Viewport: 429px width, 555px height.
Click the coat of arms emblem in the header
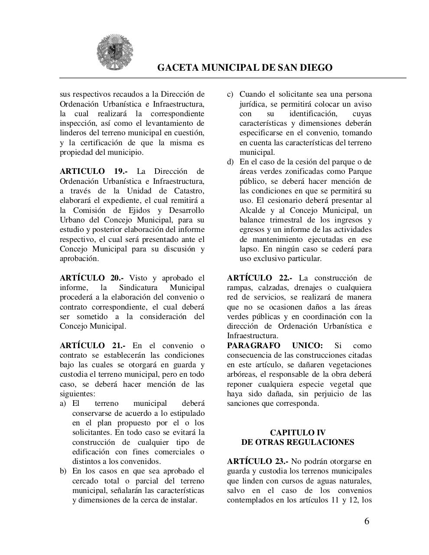[115, 52]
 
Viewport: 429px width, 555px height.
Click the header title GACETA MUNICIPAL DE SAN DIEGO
[244, 68]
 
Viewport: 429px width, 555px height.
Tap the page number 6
[367, 521]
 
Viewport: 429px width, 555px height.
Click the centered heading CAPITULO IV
[298, 432]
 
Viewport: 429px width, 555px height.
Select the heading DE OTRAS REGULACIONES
[298, 442]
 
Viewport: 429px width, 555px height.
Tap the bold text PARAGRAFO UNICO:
[275, 346]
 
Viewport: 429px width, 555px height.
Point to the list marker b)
[63, 471]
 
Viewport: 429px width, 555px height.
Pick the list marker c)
[231, 95]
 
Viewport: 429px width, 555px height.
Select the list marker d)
[231, 162]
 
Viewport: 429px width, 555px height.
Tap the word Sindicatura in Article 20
[137, 287]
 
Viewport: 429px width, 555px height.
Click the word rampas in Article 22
[240, 287]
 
